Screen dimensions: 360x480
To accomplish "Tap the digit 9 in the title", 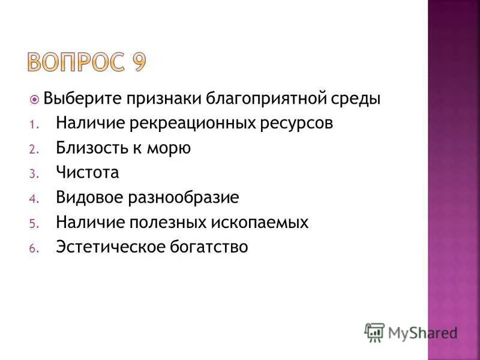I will click(x=136, y=62).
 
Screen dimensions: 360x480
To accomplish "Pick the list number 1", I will click(x=34, y=124).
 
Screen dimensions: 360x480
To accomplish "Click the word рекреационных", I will click(x=197, y=123).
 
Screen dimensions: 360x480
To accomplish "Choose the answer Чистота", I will click(x=88, y=173).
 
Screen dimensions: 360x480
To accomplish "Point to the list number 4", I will click(x=34, y=199).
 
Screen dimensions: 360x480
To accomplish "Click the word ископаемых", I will click(x=260, y=223).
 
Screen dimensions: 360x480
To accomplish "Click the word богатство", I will click(x=209, y=247).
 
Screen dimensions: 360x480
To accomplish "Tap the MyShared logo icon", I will click(x=374, y=331).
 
